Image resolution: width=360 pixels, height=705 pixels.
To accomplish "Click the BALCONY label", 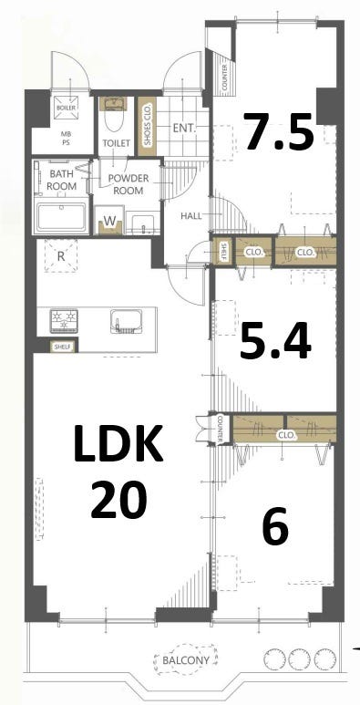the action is tap(186, 660).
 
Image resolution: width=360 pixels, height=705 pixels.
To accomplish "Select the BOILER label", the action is tap(66, 109).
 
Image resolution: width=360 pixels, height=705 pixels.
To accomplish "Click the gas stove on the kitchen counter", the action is tap(64, 320).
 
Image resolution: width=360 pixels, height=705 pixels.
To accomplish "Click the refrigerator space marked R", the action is tap(61, 256).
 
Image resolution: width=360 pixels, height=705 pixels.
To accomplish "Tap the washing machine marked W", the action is tap(110, 221).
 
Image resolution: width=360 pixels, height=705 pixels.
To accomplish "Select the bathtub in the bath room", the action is tap(62, 217).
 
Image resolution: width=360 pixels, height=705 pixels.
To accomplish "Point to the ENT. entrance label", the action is tap(184, 129).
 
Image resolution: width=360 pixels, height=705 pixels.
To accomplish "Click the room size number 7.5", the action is tap(279, 130).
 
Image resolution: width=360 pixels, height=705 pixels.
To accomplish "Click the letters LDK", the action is tap(118, 444).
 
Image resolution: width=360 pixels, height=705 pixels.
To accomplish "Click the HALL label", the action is tap(191, 216).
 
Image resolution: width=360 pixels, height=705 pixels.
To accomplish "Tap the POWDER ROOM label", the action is tap(129, 184).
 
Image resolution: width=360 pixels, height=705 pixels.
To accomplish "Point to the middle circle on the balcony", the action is tap(298, 659).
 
